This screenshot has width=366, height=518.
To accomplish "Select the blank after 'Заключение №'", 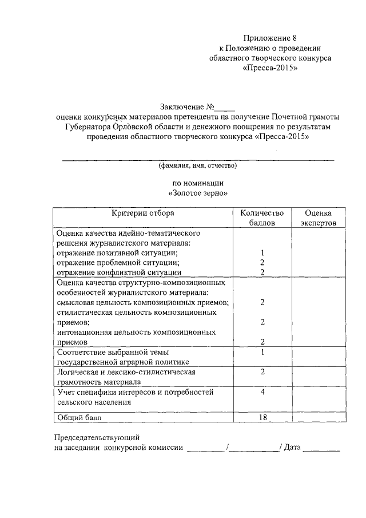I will click(226, 106).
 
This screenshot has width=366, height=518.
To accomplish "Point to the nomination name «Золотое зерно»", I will click(198, 193).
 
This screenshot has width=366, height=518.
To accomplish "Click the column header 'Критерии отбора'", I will click(143, 213).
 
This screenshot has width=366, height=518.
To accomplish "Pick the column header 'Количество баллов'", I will click(261, 218).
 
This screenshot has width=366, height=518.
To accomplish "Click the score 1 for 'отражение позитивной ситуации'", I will click(261, 252).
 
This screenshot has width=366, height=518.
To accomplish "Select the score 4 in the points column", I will click(261, 392).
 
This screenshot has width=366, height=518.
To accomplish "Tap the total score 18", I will click(262, 417).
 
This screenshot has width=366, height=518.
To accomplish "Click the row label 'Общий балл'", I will click(79, 417).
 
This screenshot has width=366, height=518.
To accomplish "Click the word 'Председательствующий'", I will click(96, 438).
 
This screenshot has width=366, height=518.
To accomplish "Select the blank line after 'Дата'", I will click(321, 449).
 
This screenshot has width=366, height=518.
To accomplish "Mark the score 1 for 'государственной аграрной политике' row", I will click(261, 352).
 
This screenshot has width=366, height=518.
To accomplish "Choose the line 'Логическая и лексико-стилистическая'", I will click(127, 372).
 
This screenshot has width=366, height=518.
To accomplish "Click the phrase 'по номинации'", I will click(198, 183).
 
